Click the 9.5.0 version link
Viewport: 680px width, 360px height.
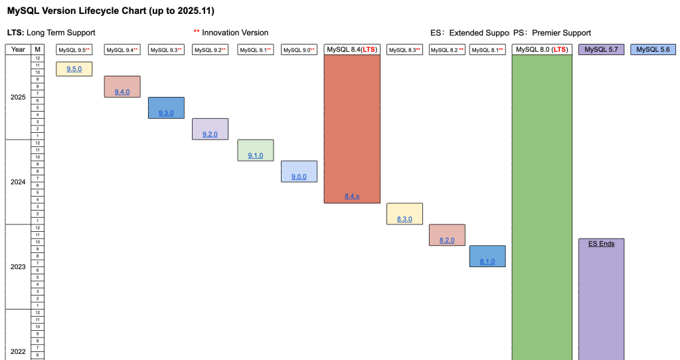pyautogui.click(x=74, y=69)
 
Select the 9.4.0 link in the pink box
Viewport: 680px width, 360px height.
pyautogui.click(x=122, y=92)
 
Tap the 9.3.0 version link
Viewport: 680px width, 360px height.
pyautogui.click(x=166, y=113)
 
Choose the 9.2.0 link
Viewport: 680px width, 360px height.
pyautogui.click(x=210, y=134)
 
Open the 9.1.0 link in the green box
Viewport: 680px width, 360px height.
pyautogui.click(x=256, y=155)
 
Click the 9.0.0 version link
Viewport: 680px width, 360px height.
pyautogui.click(x=299, y=177)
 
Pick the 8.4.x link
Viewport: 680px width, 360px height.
pyautogui.click(x=352, y=197)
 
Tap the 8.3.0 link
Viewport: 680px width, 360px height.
pyautogui.click(x=404, y=219)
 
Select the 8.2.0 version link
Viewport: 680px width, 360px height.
pyautogui.click(x=447, y=240)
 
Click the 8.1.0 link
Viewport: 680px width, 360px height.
pyautogui.click(x=487, y=262)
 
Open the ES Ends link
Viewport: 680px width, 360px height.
pyautogui.click(x=601, y=244)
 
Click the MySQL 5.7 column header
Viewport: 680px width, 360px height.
pyautogui.click(x=601, y=50)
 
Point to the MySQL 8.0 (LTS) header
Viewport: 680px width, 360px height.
pyautogui.click(x=542, y=50)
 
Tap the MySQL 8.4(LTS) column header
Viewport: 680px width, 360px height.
pyautogui.click(x=352, y=50)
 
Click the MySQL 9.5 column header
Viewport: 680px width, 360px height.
pyautogui.click(x=74, y=50)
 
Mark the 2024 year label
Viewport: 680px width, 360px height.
pyautogui.click(x=19, y=182)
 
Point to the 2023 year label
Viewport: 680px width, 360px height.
pyautogui.click(x=19, y=267)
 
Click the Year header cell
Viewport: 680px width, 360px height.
pyautogui.click(x=19, y=50)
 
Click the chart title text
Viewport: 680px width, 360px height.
pyautogui.click(x=110, y=11)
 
